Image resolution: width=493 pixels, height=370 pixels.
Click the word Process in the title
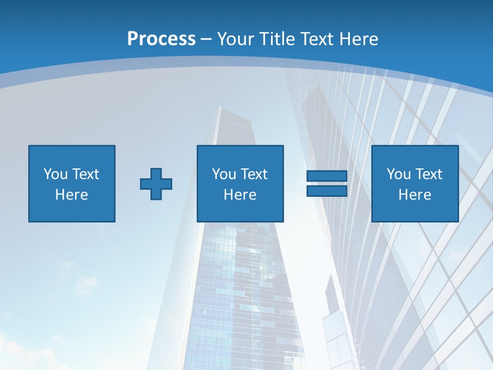(x=161, y=39)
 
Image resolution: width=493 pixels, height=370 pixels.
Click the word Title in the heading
(x=278, y=39)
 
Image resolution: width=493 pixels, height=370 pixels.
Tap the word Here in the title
(x=357, y=39)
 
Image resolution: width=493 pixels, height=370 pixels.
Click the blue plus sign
(x=156, y=183)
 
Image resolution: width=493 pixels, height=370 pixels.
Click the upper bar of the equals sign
(x=327, y=176)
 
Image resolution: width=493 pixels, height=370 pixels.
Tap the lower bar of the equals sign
(x=327, y=191)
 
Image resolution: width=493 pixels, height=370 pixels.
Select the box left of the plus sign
(x=72, y=183)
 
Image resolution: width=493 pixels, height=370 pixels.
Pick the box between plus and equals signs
(x=240, y=183)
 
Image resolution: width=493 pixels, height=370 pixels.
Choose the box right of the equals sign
(x=415, y=183)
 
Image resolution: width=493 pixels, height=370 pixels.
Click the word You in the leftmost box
(x=55, y=174)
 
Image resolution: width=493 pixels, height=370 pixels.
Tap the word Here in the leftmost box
(x=72, y=195)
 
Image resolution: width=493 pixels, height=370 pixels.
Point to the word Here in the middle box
(x=240, y=195)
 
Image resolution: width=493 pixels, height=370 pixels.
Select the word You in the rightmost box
(x=399, y=174)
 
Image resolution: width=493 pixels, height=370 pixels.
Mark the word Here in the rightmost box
(x=415, y=195)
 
